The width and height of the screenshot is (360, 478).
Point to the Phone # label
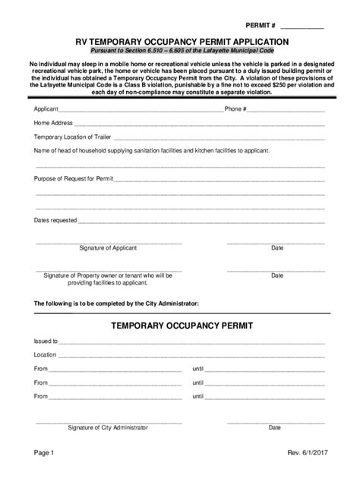coord(235,108)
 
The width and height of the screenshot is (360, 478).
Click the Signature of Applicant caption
coord(108,248)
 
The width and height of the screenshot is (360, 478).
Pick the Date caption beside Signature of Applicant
coord(277,248)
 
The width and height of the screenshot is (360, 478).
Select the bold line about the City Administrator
coord(116,303)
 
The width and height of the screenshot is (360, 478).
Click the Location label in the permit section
coord(45,354)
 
